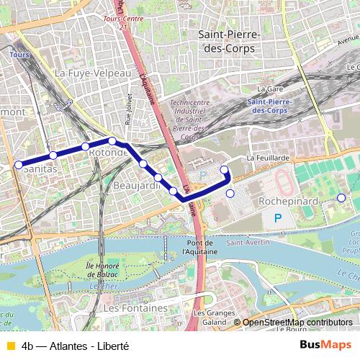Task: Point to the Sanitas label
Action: click(x=40, y=171)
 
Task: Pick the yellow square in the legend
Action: click(x=9, y=345)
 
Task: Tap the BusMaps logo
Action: click(x=326, y=344)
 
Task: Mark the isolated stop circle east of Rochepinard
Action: click(x=341, y=198)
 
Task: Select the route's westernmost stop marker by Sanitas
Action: click(x=19, y=164)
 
